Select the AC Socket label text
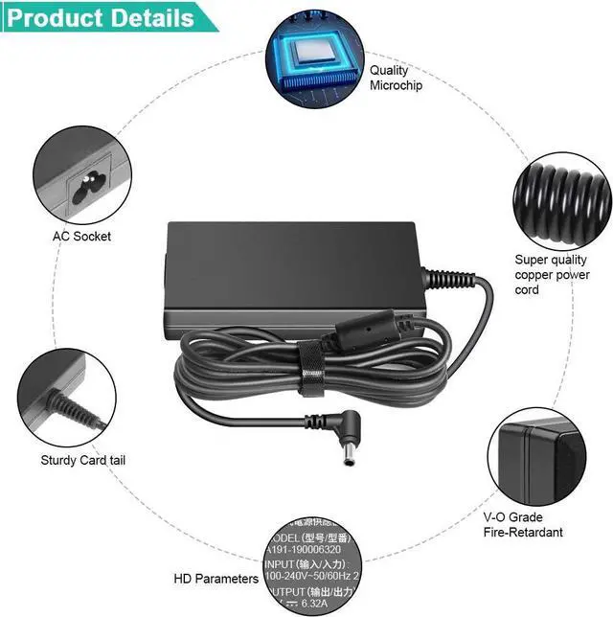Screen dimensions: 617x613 coord(82,236)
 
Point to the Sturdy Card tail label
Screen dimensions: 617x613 coord(83,460)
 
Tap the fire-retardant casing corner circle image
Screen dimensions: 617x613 coord(536,454)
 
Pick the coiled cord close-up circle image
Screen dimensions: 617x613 coord(561,195)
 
